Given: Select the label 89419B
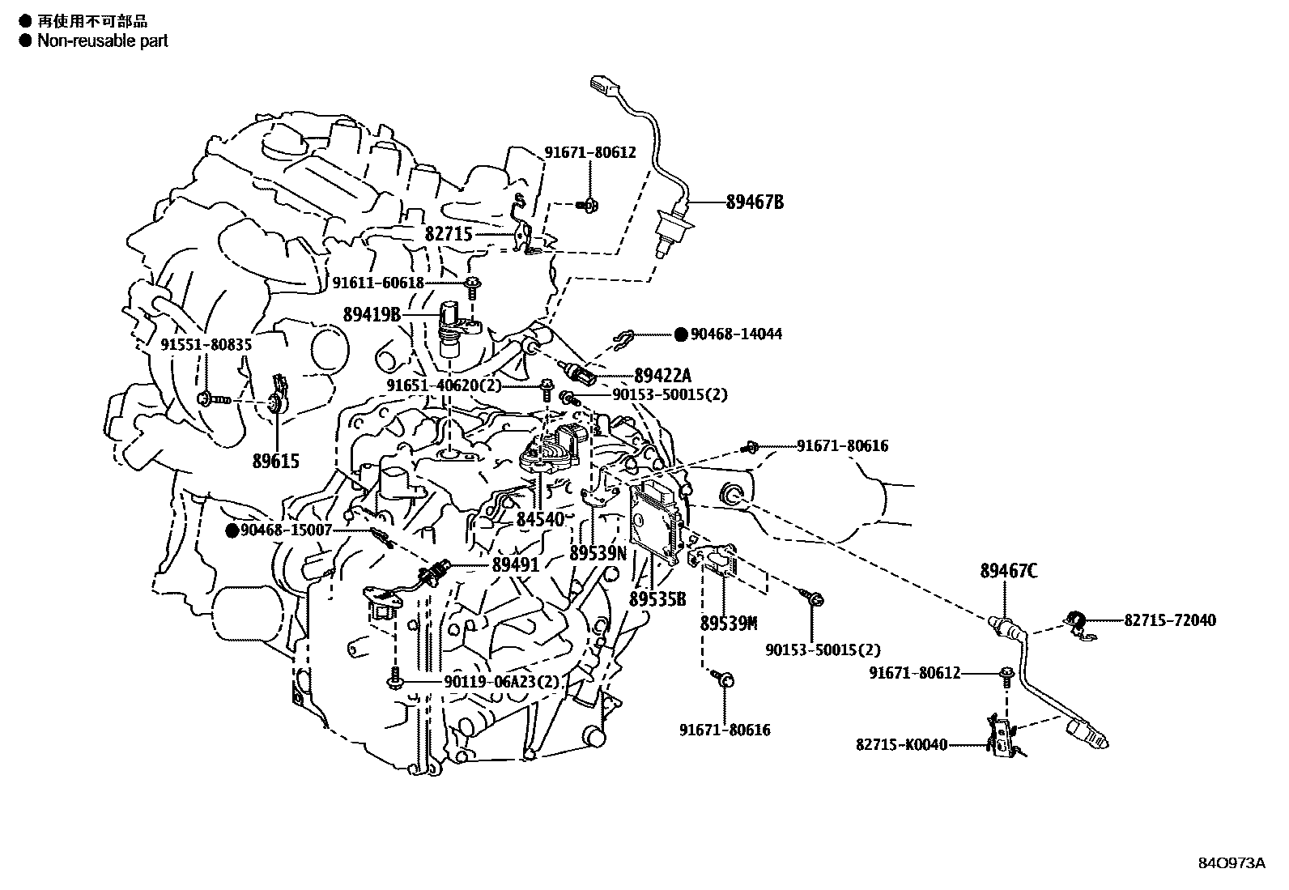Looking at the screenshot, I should click(x=372, y=314).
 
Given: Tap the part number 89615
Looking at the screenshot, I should click(x=275, y=462).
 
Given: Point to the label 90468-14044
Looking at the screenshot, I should click(x=736, y=334).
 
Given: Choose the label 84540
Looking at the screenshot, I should click(x=540, y=519).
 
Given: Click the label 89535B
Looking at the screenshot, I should click(x=657, y=599).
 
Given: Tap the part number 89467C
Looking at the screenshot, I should click(x=1008, y=571).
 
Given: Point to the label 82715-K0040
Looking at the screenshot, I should click(x=901, y=745).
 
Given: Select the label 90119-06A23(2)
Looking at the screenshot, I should click(x=501, y=683).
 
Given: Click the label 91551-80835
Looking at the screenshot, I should click(x=206, y=344).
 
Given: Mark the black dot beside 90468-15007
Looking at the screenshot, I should click(x=232, y=530).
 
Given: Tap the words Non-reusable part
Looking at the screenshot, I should click(x=103, y=40).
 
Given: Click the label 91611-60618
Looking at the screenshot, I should click(x=378, y=283).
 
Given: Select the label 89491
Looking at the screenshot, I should click(x=515, y=564).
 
